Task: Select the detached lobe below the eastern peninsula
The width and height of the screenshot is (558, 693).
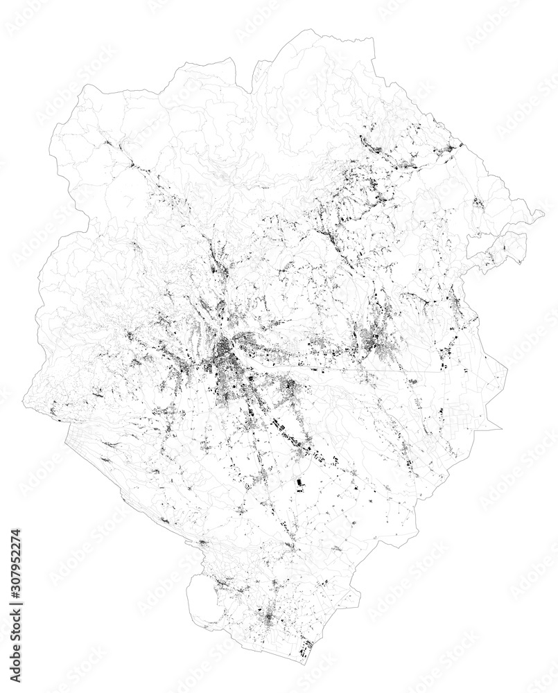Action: click(x=496, y=249)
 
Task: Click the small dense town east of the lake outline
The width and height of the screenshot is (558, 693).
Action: click(x=269, y=615)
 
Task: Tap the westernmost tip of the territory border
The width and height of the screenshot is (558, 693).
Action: click(x=25, y=405)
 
